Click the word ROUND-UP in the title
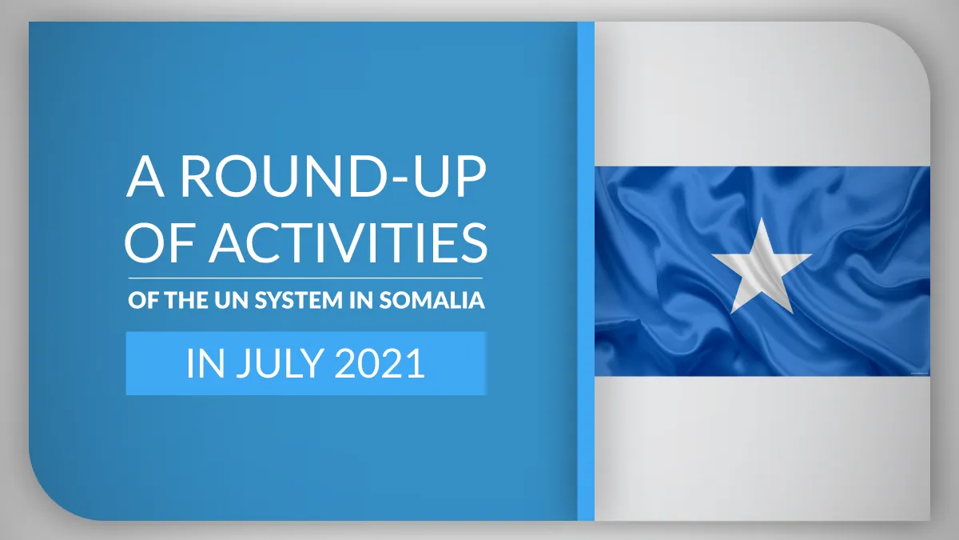coord(332,176)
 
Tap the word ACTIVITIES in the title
coord(349,242)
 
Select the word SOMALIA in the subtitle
coord(432,301)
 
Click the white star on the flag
coord(762,266)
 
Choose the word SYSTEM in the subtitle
coord(299,301)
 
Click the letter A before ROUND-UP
coord(145,177)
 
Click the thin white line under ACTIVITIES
coord(305,278)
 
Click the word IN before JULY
coord(205,363)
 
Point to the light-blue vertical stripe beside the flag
coord(586,271)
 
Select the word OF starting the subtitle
coord(143,301)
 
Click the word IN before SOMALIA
coord(361,301)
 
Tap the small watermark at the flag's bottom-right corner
coord(918,374)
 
